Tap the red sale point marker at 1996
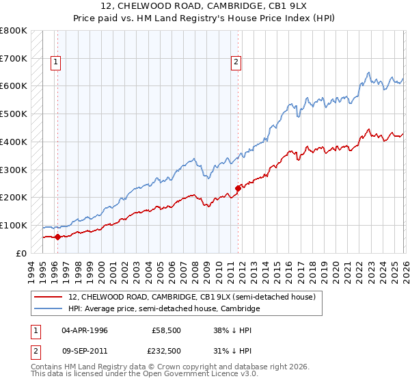coord(57,237)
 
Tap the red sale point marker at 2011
coord(238,188)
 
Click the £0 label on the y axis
coord(20,253)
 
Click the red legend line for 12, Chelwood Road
coord(49,298)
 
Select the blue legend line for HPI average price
coord(49,309)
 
